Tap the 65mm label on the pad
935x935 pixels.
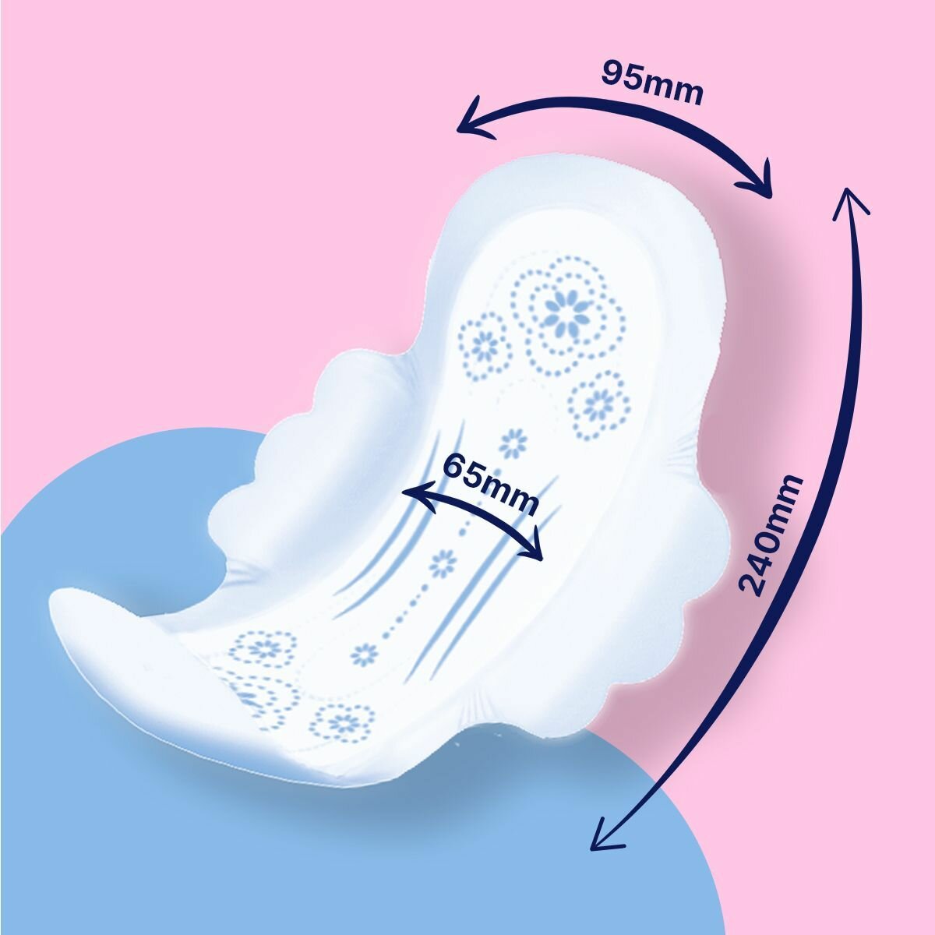tap(490, 483)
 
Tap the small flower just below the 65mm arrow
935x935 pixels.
tap(443, 563)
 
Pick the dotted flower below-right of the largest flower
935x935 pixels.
tap(598, 405)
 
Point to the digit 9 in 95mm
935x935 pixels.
tap(616, 72)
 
